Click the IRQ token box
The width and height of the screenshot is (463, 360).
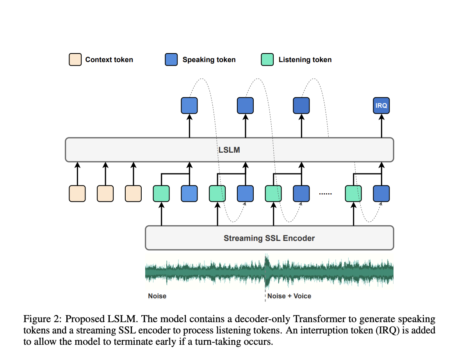tap(381, 105)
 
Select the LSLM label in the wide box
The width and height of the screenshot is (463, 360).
tap(229, 150)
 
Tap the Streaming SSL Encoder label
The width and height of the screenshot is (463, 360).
tap(269, 238)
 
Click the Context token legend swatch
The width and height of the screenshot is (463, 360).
tap(75, 60)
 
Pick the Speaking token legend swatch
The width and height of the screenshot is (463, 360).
tap(171, 60)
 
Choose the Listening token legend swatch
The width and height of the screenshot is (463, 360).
tap(267, 60)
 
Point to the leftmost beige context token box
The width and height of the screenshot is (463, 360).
tap(77, 194)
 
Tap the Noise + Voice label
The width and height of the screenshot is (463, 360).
tap(289, 296)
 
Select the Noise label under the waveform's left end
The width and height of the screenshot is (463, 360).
tap(157, 296)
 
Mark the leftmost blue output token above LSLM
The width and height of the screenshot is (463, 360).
tap(189, 105)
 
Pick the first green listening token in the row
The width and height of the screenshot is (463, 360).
tap(161, 194)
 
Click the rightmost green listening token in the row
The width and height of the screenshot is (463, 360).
tap(353, 194)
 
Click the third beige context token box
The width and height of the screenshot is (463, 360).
tap(133, 194)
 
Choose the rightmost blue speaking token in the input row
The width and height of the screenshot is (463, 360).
tap(381, 194)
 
